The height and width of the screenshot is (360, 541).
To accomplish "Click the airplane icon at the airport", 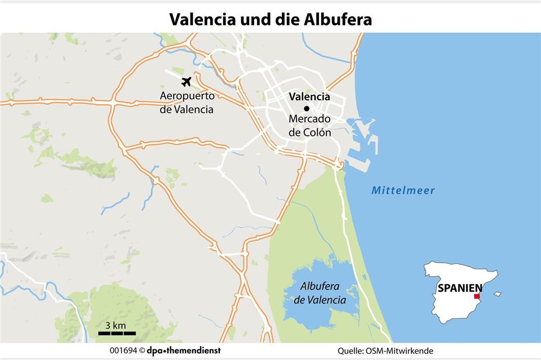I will coord(186,81).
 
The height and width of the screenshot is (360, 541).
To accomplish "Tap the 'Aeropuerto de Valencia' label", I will coord(187,103).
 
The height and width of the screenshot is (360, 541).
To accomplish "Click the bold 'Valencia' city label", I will coord(309,96).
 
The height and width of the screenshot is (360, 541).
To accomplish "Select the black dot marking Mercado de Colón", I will coord(307,109).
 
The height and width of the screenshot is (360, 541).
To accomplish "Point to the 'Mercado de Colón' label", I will coord(309,126).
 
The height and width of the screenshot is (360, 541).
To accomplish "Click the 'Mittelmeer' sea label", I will coord(403,190).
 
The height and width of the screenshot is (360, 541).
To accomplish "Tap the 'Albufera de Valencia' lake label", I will coord(320,293).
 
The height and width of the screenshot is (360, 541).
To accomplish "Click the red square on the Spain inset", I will coord(477,296).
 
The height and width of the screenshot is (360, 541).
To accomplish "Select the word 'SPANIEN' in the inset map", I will coord(459,288).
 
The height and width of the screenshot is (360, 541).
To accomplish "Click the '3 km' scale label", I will coord(115,325).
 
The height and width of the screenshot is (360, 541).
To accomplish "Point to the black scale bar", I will coord(117,334).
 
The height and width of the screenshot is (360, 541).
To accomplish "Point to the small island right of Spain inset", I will coord(496,294).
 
